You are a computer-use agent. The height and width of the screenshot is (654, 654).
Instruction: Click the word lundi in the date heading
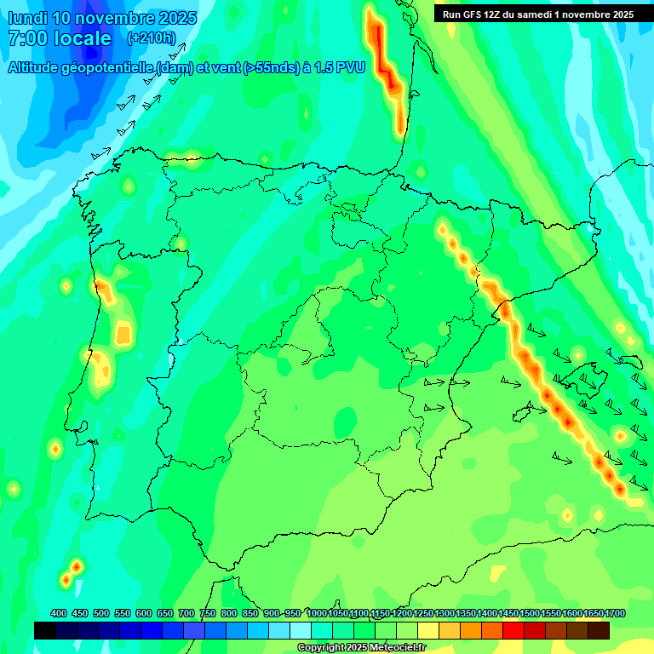point(27,18)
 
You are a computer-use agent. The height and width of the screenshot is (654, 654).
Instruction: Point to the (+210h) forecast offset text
point(151,38)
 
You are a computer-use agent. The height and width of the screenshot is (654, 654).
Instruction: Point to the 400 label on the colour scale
point(59,614)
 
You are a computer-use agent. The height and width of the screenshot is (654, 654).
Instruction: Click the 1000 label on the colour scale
point(317,614)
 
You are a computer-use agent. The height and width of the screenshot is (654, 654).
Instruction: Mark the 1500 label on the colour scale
point(530,614)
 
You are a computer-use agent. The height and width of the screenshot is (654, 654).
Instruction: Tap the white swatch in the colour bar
point(301,630)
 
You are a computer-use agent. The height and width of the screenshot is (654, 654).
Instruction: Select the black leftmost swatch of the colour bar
point(45,630)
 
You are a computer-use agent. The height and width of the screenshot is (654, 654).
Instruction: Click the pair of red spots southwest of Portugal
point(72,572)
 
